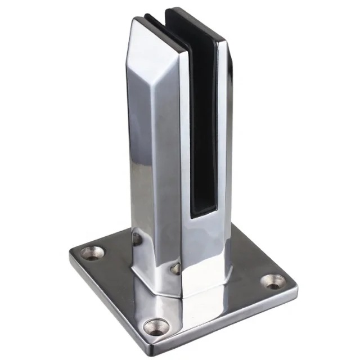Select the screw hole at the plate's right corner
click(x=274, y=281)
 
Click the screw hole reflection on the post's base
click(x=176, y=269)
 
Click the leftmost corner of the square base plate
click(x=70, y=254)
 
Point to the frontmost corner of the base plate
click(x=157, y=344)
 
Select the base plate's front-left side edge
click(x=110, y=295)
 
